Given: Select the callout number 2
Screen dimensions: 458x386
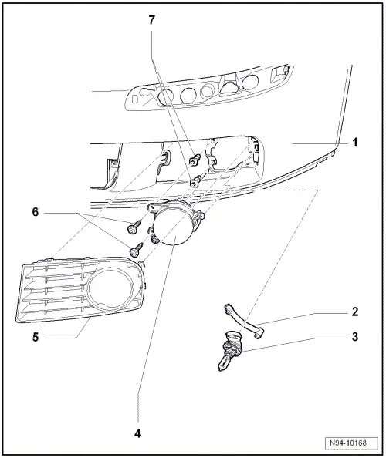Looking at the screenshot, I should [x=354, y=312].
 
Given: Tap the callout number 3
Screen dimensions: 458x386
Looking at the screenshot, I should [x=354, y=336].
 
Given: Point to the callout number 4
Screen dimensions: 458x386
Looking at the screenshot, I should [x=138, y=433].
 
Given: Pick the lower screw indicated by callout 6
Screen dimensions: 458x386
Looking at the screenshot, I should [x=136, y=248].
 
